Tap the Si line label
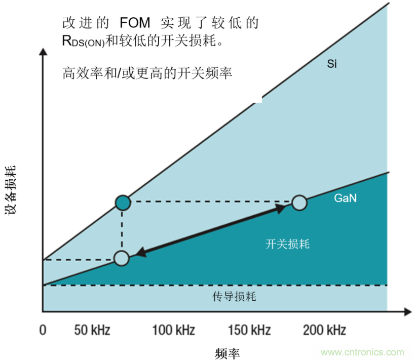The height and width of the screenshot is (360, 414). point(332,64)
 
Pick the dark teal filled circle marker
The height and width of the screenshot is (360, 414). point(122,203)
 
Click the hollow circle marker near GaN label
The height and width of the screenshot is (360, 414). point(299,203)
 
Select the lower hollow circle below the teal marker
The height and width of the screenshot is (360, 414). point(121,258)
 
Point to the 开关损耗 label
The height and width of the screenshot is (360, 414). point(287,244)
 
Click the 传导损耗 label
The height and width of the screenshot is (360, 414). point(234,297)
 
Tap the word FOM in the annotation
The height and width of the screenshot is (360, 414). point(135,23)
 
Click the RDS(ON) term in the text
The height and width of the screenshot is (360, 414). point(83,42)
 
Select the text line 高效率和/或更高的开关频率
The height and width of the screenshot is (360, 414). point(147,72)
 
